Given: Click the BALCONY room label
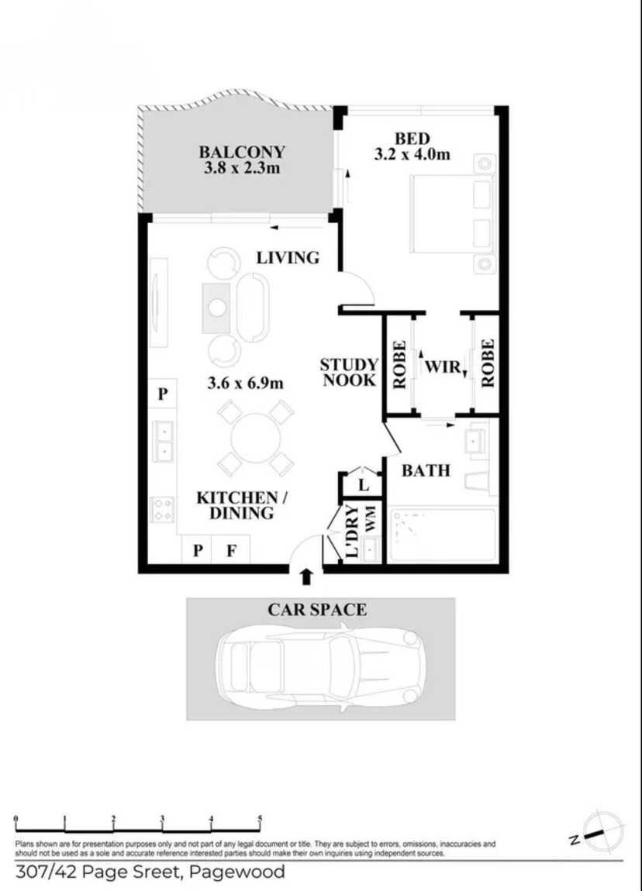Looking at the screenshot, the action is [242, 152].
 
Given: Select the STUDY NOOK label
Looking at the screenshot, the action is [349, 373].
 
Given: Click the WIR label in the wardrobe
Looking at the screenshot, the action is [444, 367].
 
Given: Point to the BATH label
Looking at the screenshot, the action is [426, 470].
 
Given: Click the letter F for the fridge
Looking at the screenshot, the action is [231, 550].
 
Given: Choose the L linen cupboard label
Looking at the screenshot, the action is [364, 485].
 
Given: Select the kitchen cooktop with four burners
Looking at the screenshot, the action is [163, 509].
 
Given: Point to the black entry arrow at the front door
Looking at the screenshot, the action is [306, 576].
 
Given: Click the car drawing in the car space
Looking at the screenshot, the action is [320, 666].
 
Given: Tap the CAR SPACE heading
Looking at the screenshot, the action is [316, 610].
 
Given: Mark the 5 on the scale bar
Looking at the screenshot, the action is [261, 819].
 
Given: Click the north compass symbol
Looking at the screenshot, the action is [602, 831].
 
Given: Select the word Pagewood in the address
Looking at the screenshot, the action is [236, 872].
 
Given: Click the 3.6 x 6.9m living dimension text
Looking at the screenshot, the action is [246, 383].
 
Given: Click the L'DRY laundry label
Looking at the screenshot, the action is [353, 532].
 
